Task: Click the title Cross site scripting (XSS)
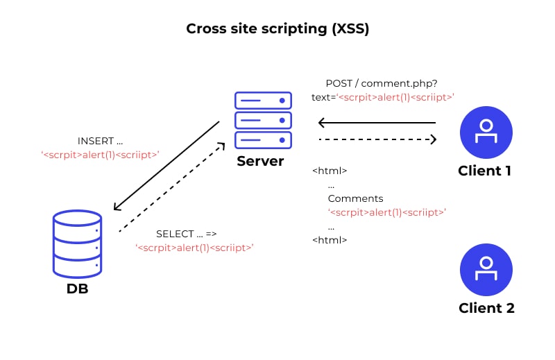tap(277, 29)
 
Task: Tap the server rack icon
tap(263, 120)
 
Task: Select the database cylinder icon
tap(77, 244)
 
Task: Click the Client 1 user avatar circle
tap(486, 132)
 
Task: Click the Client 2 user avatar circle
tap(486, 269)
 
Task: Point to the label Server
tap(260, 162)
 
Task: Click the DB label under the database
tap(77, 289)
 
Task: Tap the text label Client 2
tap(486, 308)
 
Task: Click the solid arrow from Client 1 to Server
tap(377, 123)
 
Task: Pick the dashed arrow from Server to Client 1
tap(377, 140)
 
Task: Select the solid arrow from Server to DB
tap(166, 165)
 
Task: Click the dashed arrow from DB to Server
tap(172, 187)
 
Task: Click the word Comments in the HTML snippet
tap(355, 198)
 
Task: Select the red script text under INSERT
tap(100, 155)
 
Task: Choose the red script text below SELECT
tap(194, 247)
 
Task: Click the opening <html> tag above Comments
tap(330, 171)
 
